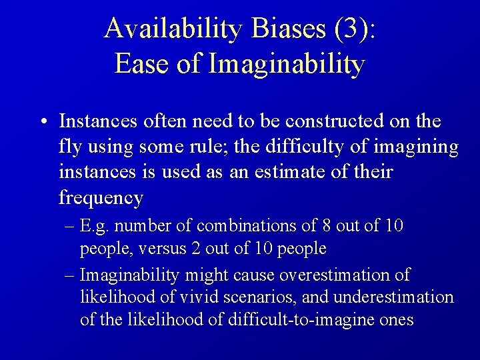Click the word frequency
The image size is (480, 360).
pyautogui.click(x=101, y=197)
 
